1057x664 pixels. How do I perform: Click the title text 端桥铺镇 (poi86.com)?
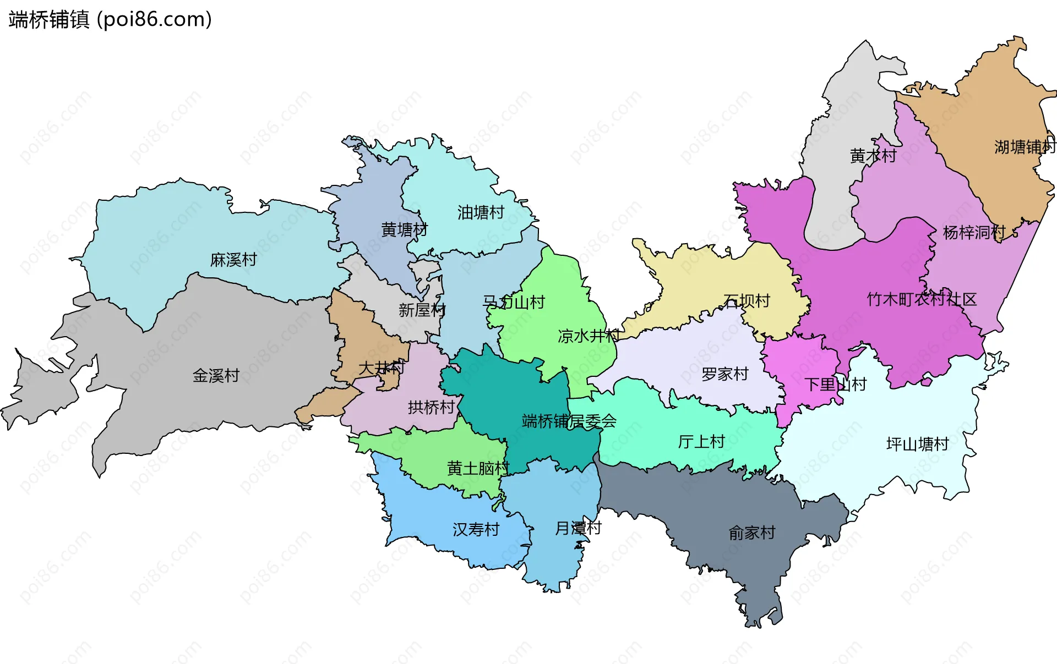click(110, 20)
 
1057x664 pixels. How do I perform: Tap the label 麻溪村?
click(233, 260)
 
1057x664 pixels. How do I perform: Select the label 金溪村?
click(216, 376)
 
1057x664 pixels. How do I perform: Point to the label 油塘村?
click(481, 212)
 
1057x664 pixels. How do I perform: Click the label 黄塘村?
click(405, 229)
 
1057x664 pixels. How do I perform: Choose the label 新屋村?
click(422, 310)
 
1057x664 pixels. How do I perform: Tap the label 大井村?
click(382, 368)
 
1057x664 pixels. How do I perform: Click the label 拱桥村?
click(431, 408)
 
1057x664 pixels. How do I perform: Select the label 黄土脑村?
click(478, 469)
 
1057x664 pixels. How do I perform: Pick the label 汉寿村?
click(476, 530)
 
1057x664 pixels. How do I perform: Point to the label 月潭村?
click(578, 529)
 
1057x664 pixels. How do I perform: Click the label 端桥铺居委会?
click(569, 422)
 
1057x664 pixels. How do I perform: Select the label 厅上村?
click(701, 442)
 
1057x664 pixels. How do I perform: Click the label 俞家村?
click(751, 533)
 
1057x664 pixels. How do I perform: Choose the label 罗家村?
click(725, 375)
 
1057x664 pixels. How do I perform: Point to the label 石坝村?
click(747, 301)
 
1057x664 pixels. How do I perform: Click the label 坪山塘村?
click(918, 445)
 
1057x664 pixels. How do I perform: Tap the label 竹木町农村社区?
click(922, 300)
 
